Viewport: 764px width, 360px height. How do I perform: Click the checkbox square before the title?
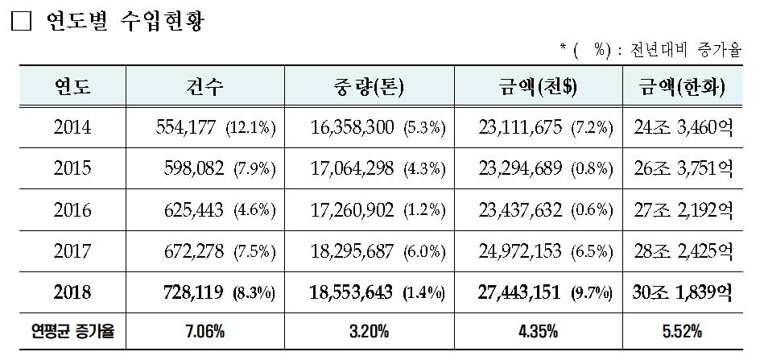pyautogui.click(x=20, y=23)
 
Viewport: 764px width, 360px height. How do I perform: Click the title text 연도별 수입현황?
pyautogui.click(x=121, y=22)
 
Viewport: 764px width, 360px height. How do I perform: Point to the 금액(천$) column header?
pyautogui.click(x=538, y=85)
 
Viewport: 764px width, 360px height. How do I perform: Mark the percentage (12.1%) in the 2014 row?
pyautogui.click(x=251, y=128)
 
